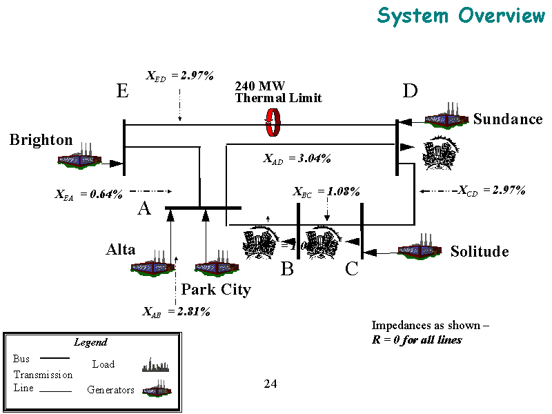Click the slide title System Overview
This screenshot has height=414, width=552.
click(x=461, y=15)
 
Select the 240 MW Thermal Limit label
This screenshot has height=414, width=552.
click(x=278, y=92)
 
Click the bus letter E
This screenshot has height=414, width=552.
click(x=122, y=90)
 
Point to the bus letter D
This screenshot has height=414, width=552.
click(x=410, y=90)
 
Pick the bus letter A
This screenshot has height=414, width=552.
click(x=144, y=208)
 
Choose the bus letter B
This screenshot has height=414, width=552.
click(x=287, y=269)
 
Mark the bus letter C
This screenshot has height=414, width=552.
click(x=352, y=269)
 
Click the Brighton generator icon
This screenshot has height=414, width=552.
click(x=79, y=157)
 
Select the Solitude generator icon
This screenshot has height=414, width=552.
click(x=420, y=250)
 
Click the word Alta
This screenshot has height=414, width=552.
click(x=121, y=249)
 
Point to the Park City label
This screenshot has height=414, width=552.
click(x=216, y=289)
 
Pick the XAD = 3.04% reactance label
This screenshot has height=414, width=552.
click(x=297, y=159)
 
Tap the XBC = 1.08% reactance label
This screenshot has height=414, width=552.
click(x=326, y=192)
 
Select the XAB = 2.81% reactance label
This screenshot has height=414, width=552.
click(x=176, y=311)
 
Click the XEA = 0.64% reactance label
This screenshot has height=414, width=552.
click(x=88, y=195)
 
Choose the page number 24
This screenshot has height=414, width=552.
click(x=270, y=384)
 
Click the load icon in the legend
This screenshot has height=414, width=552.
click(x=156, y=365)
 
